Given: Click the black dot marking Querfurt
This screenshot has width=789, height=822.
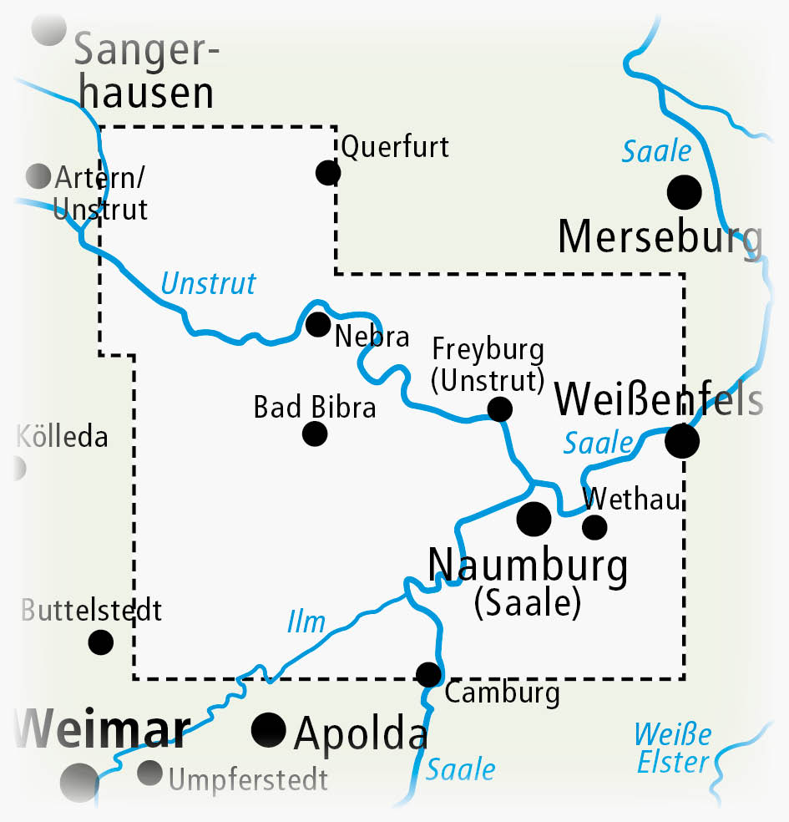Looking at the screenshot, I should click(328, 173).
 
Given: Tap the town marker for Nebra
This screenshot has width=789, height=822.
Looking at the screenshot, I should click(318, 324).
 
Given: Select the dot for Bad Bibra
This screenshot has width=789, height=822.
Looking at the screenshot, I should click(315, 434).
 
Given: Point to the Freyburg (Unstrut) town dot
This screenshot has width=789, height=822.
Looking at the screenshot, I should click(499, 409).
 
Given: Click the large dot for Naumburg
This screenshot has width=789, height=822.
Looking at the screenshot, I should click(534, 519).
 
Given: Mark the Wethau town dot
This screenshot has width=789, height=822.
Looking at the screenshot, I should click(594, 527).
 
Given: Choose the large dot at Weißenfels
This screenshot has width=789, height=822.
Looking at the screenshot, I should click(682, 441).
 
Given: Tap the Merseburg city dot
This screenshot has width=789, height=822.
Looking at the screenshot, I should click(685, 192).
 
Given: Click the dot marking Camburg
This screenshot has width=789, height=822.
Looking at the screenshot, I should click(428, 674).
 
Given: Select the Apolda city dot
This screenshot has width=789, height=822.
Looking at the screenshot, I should click(269, 730).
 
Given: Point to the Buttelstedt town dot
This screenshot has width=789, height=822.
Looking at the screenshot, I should click(101, 642).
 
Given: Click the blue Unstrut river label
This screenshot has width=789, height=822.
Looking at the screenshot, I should click(208, 284).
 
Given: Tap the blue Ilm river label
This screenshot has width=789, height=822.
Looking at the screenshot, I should click(305, 621).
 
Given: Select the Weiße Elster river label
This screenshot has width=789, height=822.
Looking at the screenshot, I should click(672, 748).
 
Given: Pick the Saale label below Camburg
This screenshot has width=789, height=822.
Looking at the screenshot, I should click(460, 769).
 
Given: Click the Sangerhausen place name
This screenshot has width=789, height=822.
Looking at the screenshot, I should click(146, 74).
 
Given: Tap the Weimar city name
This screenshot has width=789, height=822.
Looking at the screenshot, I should click(102, 729).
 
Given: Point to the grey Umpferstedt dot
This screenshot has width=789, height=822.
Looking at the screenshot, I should click(150, 773).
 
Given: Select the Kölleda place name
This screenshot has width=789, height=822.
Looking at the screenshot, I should click(63, 436).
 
